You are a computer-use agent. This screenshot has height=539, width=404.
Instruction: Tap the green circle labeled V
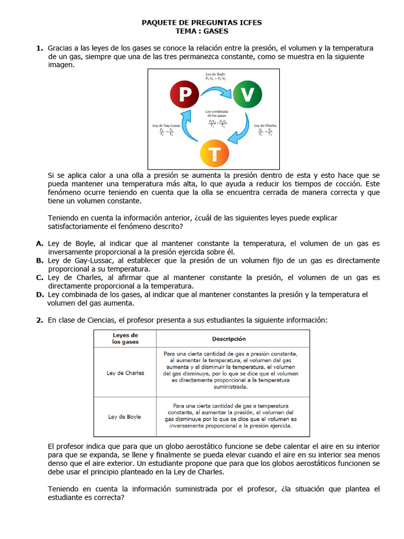tap(247, 95)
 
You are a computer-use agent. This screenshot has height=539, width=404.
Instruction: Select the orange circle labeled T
tap(215, 154)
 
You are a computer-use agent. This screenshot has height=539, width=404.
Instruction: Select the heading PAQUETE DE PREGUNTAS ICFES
tap(202, 23)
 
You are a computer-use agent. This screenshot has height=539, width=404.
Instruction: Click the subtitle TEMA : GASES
tap(202, 31)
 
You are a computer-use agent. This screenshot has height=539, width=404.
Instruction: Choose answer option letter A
tap(39, 243)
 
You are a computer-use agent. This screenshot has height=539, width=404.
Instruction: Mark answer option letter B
tap(39, 260)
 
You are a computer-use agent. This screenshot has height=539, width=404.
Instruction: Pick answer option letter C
tap(39, 277)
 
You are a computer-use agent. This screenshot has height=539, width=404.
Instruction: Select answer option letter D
tap(39, 294)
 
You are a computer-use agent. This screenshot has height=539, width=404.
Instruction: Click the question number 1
tap(39, 48)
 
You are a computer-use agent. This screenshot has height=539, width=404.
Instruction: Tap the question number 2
tap(39, 320)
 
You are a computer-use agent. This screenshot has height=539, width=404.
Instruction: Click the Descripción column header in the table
tap(229, 339)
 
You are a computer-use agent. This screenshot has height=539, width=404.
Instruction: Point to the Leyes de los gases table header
tap(125, 338)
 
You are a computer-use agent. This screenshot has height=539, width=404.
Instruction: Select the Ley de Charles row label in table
tap(125, 373)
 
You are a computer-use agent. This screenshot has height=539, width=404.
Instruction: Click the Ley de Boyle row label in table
tap(125, 416)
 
